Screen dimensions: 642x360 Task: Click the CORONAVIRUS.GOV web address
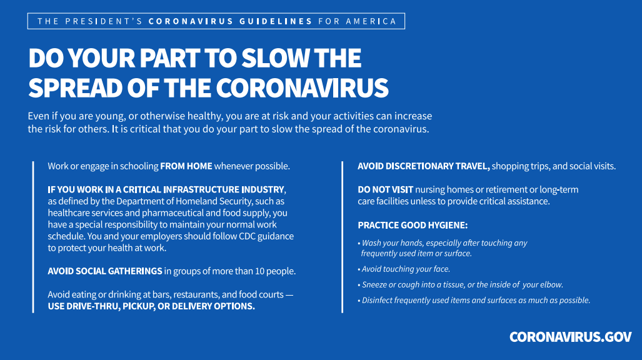(570, 337)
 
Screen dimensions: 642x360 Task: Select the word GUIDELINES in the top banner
(276, 21)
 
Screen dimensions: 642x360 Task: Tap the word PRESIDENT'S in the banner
(104, 21)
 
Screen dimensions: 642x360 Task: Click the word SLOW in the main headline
(276, 57)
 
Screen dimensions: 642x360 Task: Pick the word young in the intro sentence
(110, 116)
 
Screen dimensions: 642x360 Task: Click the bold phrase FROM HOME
(186, 166)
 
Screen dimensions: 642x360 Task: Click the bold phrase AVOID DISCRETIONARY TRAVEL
(424, 166)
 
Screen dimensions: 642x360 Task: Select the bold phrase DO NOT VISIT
(385, 189)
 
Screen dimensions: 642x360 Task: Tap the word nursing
(430, 190)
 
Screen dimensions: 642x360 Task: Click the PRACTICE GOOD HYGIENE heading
(413, 225)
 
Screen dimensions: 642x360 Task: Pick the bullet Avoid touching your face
(404, 269)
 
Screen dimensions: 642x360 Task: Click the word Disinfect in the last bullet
(375, 300)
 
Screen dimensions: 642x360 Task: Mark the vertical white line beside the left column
(33, 237)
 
